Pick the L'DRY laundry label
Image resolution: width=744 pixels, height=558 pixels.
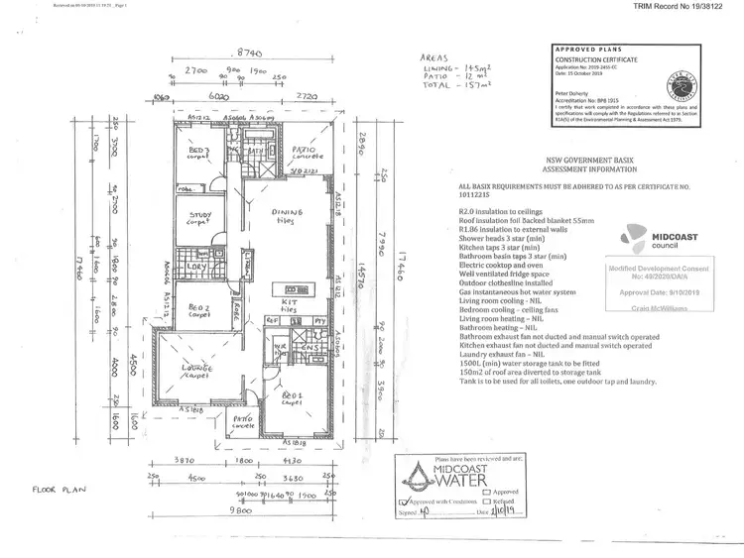pyautogui.click(x=195, y=267)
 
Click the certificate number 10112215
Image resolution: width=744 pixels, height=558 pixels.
pyautogui.click(x=479, y=195)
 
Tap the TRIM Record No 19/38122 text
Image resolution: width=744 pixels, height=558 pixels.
pyautogui.click(x=685, y=6)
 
